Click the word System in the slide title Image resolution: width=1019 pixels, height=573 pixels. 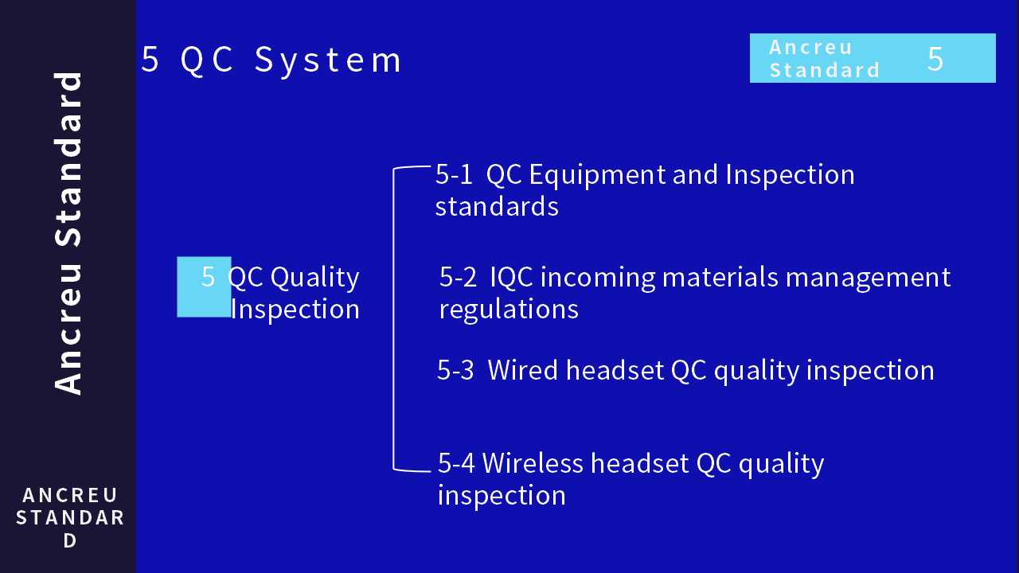click(329, 60)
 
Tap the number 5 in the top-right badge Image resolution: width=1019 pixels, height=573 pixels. click(935, 59)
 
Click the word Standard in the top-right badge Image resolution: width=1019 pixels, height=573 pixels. click(825, 70)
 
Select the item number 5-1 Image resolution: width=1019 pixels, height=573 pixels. click(454, 174)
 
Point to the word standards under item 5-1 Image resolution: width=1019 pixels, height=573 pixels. click(497, 206)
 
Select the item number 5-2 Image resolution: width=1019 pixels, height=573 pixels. click(458, 277)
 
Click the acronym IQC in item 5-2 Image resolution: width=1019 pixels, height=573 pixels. click(513, 277)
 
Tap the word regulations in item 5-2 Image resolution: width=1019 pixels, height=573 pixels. click(509, 309)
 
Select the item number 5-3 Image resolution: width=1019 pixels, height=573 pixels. click(455, 370)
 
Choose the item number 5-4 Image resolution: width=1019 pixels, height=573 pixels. click(457, 462)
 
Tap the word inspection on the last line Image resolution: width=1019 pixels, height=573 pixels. click(502, 495)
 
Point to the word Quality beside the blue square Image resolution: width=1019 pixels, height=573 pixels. click(315, 277)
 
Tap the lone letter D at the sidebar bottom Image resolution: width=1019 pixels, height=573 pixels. click(70, 540)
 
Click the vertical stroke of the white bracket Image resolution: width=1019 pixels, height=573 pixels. click(393, 318)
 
